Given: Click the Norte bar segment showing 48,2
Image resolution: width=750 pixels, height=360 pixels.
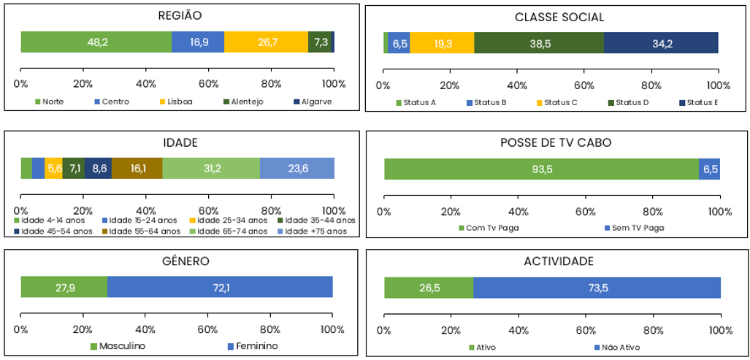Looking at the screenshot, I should (x=96, y=42).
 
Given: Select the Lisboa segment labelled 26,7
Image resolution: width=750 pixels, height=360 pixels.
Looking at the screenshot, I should (x=267, y=42).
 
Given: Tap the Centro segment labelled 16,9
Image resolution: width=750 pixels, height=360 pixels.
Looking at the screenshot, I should (x=198, y=42).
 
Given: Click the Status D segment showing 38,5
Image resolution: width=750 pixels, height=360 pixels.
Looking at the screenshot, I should (x=539, y=43).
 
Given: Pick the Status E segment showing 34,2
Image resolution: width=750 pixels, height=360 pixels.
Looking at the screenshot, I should (x=662, y=43).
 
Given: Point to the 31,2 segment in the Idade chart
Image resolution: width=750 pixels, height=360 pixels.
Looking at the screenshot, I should (x=211, y=169).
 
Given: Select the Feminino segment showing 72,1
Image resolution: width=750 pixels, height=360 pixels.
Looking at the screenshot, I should (x=220, y=287).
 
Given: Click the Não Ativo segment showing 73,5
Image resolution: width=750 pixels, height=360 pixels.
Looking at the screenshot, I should (x=597, y=288).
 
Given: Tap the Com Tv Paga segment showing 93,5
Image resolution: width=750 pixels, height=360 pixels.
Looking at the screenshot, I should (x=541, y=169).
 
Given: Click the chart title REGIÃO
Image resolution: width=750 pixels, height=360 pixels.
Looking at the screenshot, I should (x=180, y=15).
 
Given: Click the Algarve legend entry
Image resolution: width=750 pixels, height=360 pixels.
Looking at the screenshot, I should (x=313, y=102).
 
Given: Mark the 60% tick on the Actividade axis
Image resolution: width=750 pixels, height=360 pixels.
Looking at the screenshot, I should (x=585, y=330).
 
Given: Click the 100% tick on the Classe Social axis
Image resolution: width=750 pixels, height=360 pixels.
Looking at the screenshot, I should (x=719, y=85).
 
